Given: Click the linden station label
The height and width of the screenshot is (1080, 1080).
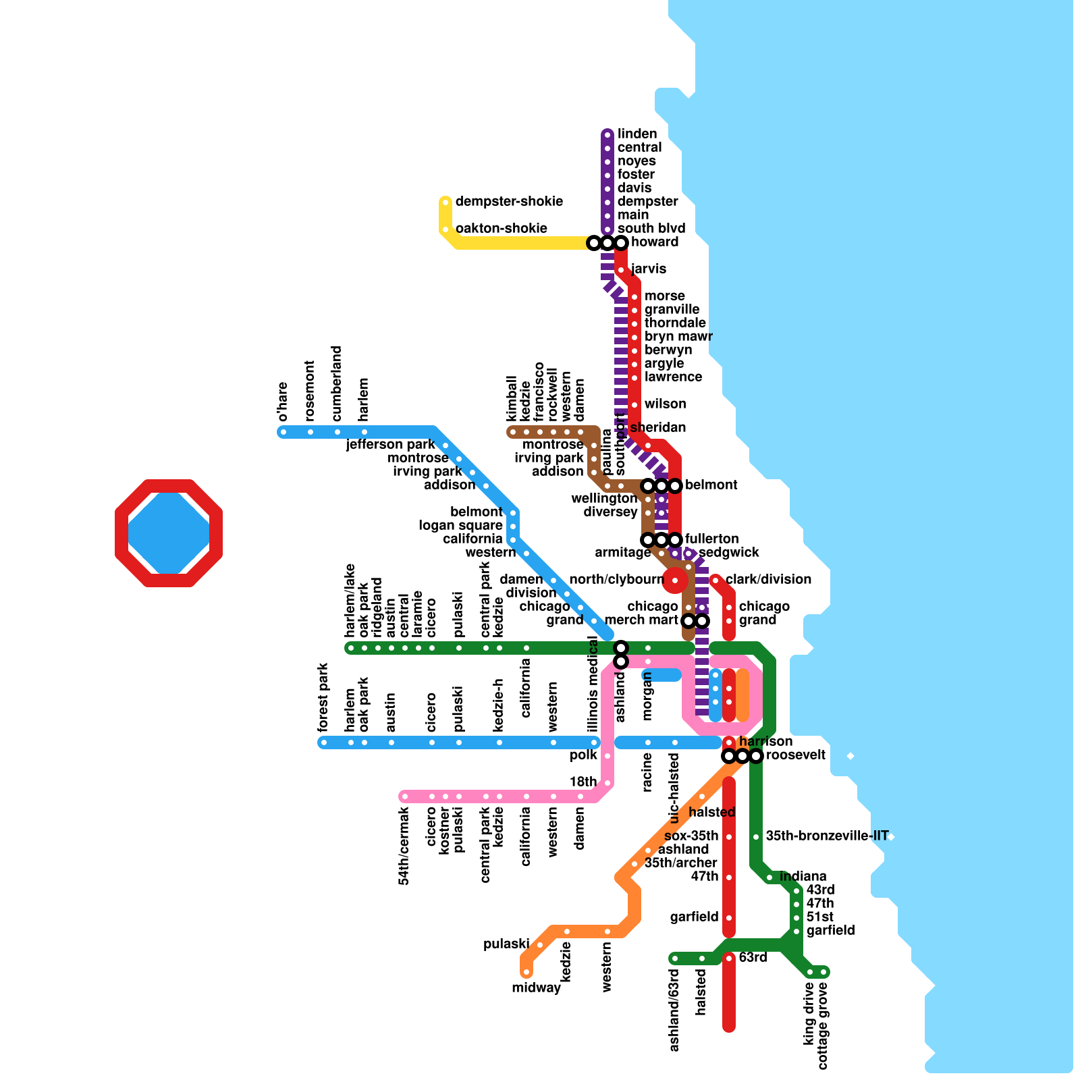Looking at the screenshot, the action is [637, 134].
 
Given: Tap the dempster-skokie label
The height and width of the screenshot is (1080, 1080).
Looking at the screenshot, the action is [508, 202].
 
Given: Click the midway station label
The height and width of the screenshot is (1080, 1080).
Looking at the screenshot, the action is [536, 988].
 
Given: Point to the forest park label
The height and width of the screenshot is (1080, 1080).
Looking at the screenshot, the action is [323, 697].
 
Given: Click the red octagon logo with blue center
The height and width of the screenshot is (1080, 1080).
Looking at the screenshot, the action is [169, 533].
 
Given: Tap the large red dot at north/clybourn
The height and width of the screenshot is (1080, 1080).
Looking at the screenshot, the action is [674, 580].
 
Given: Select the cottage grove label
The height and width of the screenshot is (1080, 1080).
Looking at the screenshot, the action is [823, 1026].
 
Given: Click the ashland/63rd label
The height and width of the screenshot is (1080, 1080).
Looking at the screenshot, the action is [674, 1010].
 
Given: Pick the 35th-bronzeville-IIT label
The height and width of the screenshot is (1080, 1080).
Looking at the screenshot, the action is [827, 836].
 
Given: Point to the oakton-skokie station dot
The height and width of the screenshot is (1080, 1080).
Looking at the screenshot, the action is [446, 230].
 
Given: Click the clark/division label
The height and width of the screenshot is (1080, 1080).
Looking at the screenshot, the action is [768, 580].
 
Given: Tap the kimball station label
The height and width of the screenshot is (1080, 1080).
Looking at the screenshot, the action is [512, 398].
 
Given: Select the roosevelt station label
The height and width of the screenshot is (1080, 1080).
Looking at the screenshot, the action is [795, 755].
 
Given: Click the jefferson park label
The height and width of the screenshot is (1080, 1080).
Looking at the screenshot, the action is [390, 445].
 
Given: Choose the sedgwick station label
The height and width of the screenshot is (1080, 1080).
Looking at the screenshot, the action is [728, 553].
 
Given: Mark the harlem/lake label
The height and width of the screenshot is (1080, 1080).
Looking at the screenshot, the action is [350, 600].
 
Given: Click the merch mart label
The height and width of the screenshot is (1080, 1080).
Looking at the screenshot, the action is [641, 620].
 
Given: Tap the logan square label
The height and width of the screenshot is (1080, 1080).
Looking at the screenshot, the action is [460, 526].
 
